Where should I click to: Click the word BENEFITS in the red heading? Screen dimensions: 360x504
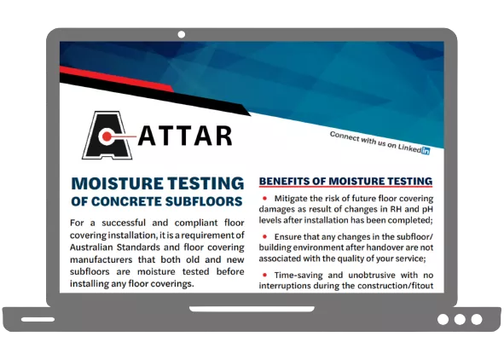[287, 182]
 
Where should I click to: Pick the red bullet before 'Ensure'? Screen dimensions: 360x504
[265, 236]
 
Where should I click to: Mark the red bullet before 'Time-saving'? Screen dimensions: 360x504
[265, 275]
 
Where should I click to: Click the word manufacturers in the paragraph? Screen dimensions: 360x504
[107, 261]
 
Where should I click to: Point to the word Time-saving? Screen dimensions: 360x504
[304, 275]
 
